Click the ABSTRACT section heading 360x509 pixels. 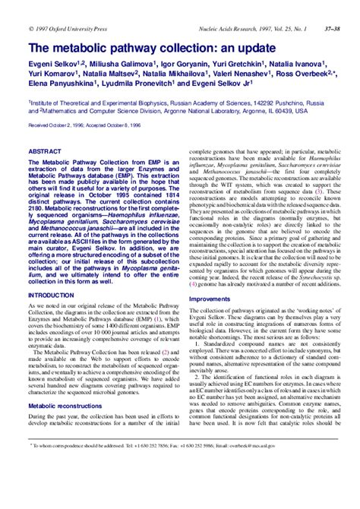pos(44,152)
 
